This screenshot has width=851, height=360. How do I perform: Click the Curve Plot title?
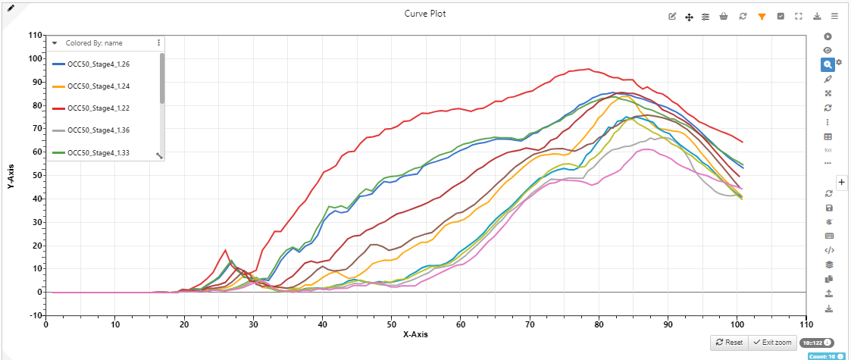tap(424, 14)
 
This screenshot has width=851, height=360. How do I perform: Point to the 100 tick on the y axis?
tap(33, 59)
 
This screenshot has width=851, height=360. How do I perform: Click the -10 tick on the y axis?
tap(33, 316)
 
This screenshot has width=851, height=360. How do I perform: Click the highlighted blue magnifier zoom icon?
tap(828, 65)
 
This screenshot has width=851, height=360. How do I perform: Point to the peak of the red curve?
tap(589, 69)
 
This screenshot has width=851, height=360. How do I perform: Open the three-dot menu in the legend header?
tap(158, 43)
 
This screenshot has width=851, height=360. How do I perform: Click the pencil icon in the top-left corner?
tap(11, 8)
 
